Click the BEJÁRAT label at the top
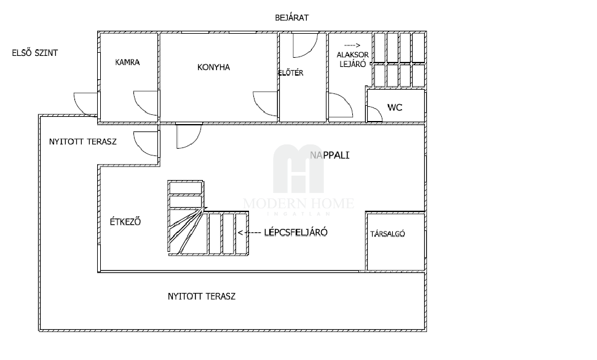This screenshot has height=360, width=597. click(291, 17)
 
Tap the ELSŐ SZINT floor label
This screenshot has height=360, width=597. click(34, 53)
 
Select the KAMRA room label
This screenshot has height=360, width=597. click(127, 62)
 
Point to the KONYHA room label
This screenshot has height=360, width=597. click(213, 68)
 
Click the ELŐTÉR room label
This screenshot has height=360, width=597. click(291, 72)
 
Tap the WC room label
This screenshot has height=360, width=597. click(395, 108)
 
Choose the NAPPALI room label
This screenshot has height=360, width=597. click(330, 155)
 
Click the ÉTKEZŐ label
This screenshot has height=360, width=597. click(125, 222)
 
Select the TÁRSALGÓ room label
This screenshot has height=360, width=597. click(387, 233)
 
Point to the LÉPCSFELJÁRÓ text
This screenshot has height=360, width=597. click(296, 232)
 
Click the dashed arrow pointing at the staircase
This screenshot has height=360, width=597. click(250, 232)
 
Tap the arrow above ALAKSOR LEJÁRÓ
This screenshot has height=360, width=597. click(352, 45)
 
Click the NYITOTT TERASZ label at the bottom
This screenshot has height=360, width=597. click(202, 296)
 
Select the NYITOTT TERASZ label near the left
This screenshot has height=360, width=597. click(82, 141)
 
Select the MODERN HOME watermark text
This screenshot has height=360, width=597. click(299, 203)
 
